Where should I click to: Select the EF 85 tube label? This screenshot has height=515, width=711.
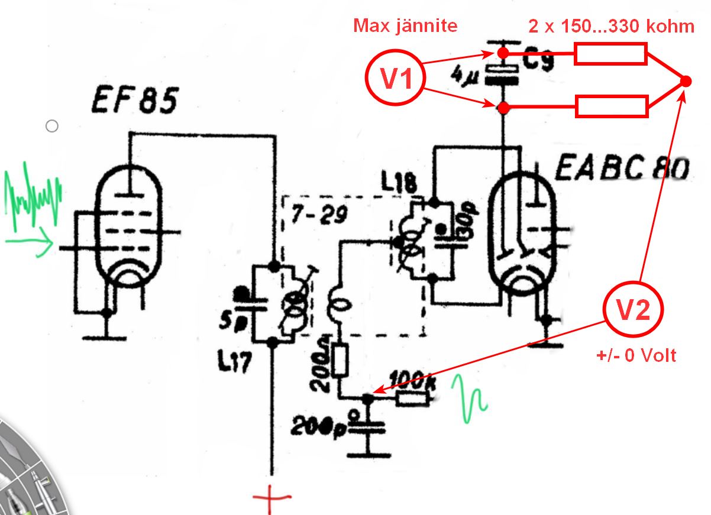coord(134,101)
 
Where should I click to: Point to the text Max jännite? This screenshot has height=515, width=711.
coord(405,26)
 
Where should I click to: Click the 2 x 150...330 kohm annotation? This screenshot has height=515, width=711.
coord(611,27)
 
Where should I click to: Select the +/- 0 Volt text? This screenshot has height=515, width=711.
coord(635,356)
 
